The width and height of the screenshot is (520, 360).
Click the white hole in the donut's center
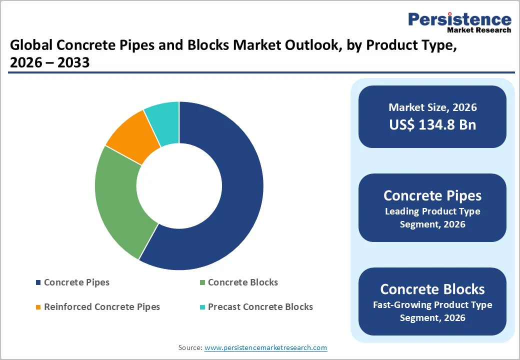click(x=179, y=185)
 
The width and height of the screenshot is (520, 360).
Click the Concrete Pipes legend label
click(x=76, y=282)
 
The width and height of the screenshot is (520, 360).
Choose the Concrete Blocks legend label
click(x=242, y=282)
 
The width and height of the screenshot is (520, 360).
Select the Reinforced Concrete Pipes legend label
click(x=102, y=306)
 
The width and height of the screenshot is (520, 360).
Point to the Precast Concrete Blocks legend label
click(x=260, y=306)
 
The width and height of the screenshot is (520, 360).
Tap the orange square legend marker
click(x=38, y=307)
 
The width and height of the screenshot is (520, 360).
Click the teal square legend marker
click(x=202, y=307)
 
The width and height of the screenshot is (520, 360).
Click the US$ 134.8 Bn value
click(x=432, y=124)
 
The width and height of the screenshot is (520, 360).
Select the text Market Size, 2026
click(x=432, y=107)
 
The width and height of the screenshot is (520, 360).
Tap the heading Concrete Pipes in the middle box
click(x=432, y=195)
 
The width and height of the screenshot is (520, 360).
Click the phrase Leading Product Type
click(x=432, y=211)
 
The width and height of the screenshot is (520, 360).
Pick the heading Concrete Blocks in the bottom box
click(x=432, y=289)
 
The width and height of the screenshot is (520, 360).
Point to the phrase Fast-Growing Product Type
click(x=432, y=305)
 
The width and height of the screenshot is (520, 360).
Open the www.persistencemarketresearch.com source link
click(x=265, y=347)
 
